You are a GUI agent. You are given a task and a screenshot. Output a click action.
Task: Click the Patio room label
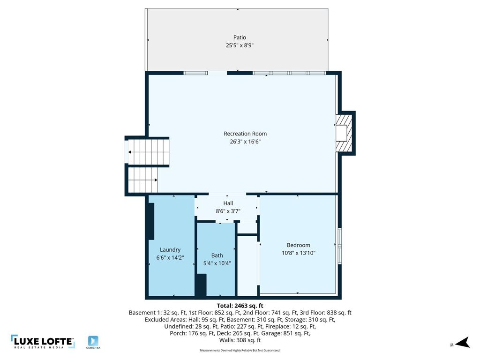[240, 37]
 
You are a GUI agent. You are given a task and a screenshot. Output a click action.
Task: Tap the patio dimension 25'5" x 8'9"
[240, 45]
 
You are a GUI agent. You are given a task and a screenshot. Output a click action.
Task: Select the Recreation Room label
[245, 134]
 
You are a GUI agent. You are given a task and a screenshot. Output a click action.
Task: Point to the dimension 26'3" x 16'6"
[245, 142]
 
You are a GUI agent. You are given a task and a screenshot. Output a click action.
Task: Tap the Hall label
[228, 203]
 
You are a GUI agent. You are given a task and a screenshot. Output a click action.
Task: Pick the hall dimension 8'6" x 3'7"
[228, 211]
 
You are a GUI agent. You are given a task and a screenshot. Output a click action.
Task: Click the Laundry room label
[170, 250]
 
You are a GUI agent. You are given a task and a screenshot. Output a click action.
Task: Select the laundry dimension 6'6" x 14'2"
[170, 257]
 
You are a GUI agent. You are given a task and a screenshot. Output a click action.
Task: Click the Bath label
[217, 255]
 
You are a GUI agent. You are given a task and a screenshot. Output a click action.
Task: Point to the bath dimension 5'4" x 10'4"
[217, 263]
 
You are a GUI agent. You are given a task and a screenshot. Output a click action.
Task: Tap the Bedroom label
[299, 245]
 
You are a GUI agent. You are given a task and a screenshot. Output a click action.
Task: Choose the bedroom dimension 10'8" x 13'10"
[299, 253]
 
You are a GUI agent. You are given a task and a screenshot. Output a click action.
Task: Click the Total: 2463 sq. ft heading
[240, 305]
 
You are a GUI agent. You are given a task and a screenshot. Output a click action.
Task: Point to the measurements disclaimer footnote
[240, 350]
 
